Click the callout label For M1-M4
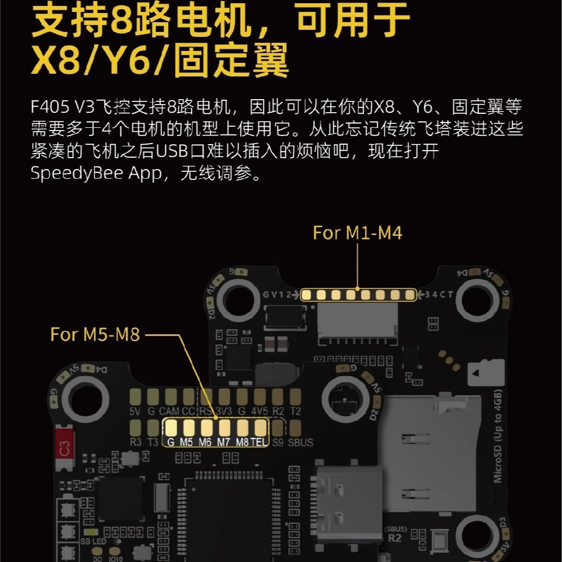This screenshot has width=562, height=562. (x=358, y=233)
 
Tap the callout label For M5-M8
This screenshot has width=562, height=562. (x=95, y=334)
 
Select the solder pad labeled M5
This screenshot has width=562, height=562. (x=188, y=428)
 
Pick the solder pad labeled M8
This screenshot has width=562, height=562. (x=243, y=428)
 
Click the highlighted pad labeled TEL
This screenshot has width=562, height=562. (x=260, y=428)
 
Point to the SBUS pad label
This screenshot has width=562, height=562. (x=300, y=443)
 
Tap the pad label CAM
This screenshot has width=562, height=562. (x=169, y=411)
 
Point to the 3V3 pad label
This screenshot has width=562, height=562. (x=223, y=411)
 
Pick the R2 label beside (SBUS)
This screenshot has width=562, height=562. (x=396, y=538)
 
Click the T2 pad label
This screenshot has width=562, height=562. (x=295, y=411)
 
